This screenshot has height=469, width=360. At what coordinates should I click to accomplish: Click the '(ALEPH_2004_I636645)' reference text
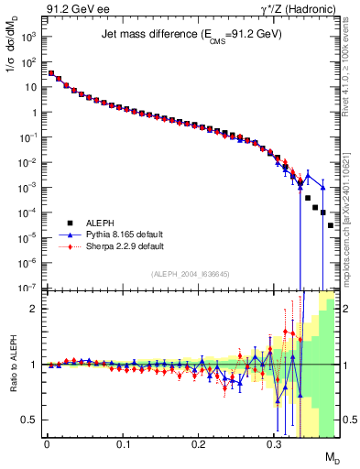(191, 274)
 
